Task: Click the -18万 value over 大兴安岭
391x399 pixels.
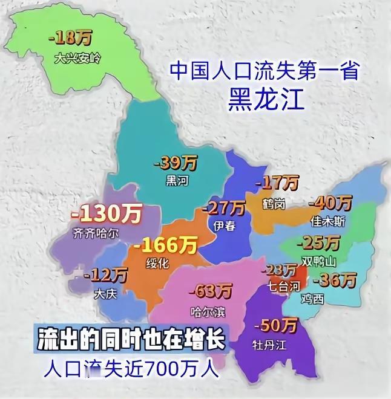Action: pyautogui.click(x=71, y=39)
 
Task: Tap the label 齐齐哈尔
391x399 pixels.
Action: pyautogui.click(x=96, y=232)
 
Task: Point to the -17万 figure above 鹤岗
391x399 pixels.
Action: pyautogui.click(x=277, y=182)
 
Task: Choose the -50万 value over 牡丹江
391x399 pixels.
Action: pyautogui.click(x=276, y=326)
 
